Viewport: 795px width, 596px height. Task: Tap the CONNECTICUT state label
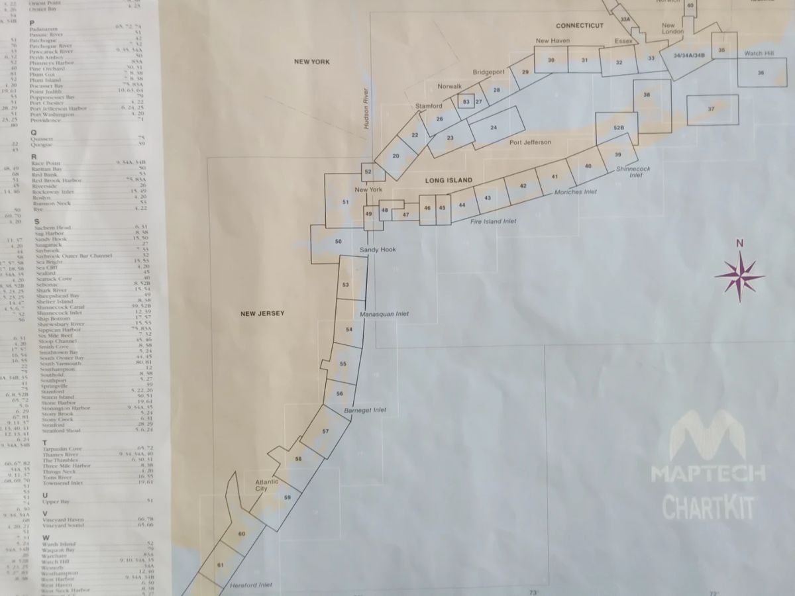[580, 26]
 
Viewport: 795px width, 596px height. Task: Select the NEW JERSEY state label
[262, 314]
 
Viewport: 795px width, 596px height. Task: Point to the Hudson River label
[365, 117]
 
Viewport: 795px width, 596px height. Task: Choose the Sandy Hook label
[377, 249]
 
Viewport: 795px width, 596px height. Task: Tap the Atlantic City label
[267, 485]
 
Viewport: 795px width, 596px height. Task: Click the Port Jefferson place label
[530, 142]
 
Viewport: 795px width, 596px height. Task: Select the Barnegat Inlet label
[365, 410]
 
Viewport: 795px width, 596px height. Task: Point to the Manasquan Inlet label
[384, 314]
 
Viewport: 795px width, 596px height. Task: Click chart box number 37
[712, 109]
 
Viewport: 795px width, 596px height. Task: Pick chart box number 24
[494, 127]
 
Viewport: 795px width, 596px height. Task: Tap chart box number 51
[345, 201]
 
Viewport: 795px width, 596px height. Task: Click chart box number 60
[241, 533]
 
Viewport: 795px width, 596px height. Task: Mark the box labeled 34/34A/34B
[688, 56]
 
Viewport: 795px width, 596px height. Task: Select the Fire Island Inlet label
[493, 221]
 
